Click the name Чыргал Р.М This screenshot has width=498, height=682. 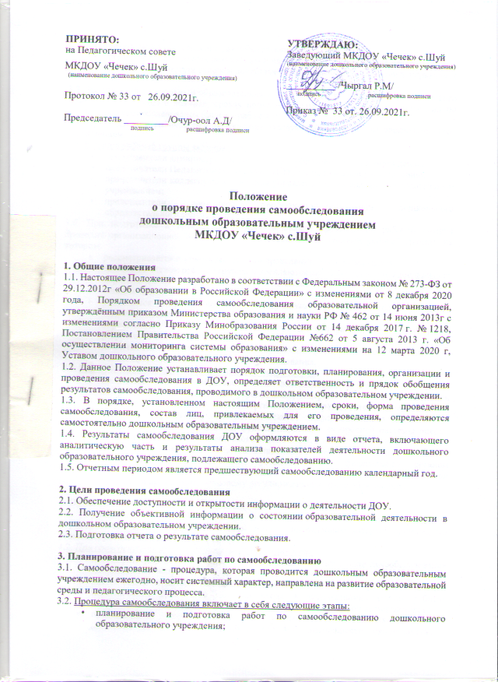[367, 85]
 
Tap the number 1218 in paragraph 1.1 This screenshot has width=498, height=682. [440, 329]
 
